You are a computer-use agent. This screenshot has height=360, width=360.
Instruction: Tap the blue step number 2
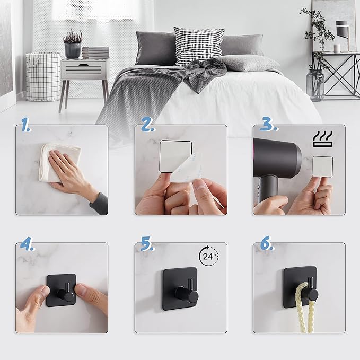(x=147, y=125)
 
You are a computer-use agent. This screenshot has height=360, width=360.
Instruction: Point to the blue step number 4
(x=28, y=243)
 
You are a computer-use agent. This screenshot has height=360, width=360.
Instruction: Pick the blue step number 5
(x=147, y=243)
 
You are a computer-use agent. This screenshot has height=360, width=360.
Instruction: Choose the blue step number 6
(x=267, y=243)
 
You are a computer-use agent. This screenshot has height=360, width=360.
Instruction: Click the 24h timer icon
(x=208, y=256)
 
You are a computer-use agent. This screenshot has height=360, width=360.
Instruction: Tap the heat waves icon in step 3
(x=322, y=139)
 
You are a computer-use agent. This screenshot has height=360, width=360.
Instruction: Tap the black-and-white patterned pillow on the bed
(x=198, y=46)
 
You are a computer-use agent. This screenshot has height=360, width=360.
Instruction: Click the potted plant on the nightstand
(x=73, y=44)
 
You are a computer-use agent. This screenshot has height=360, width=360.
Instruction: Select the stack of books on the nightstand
(x=95, y=53)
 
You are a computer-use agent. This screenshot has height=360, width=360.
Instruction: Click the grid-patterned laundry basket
(x=43, y=77)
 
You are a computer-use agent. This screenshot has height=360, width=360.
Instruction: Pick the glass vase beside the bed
(x=315, y=84)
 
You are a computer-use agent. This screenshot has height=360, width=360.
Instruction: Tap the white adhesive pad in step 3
(x=322, y=166)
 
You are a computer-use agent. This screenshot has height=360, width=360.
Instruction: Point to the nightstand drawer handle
(x=84, y=65)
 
